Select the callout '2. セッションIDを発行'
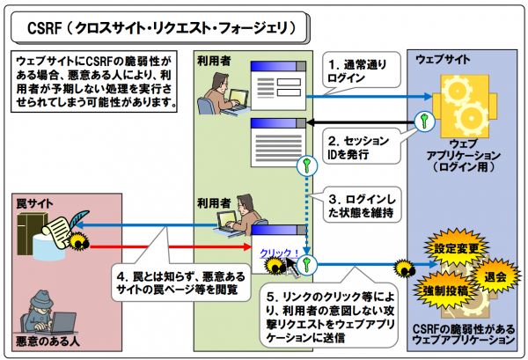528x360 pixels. click(x=356, y=148)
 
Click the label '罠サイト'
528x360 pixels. click(x=35, y=204)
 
